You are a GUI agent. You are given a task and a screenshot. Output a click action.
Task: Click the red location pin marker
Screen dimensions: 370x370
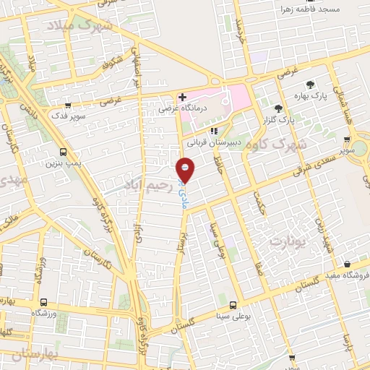(x=185, y=170)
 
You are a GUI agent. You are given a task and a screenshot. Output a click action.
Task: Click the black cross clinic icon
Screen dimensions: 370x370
(x=182, y=97)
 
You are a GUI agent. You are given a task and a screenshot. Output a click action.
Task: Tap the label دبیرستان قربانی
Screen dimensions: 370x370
(x=213, y=142)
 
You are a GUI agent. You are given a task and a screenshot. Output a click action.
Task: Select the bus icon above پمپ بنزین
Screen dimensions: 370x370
(x=64, y=152)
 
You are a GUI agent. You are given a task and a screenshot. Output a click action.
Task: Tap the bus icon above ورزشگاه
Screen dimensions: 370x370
(x=44, y=302)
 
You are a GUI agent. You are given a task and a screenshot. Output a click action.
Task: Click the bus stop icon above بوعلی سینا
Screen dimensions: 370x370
(x=233, y=306)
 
